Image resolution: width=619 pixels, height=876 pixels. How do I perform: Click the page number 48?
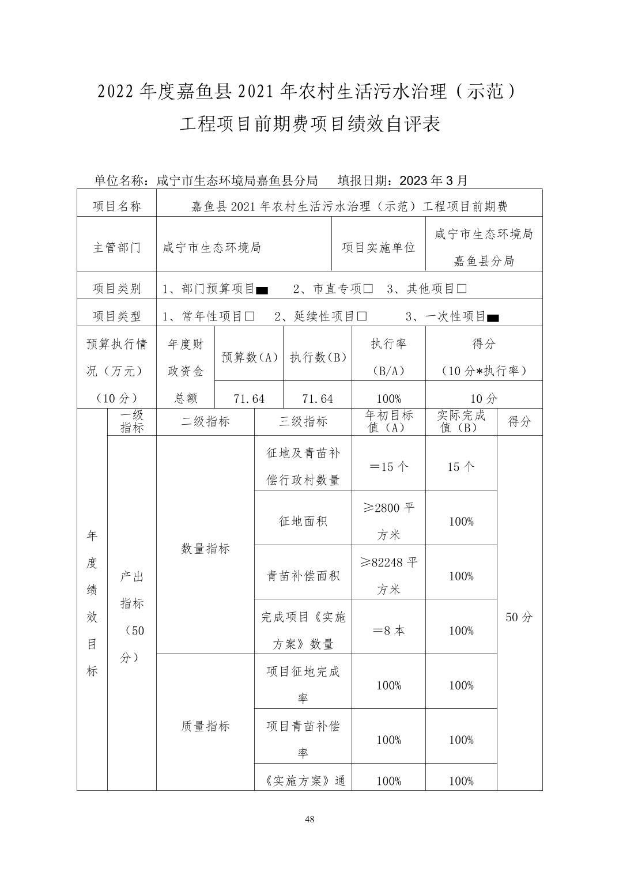tap(309, 820)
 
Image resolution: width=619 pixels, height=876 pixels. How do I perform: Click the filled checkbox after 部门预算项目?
tap(262, 290)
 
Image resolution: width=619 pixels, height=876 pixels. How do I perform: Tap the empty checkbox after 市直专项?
tap(368, 289)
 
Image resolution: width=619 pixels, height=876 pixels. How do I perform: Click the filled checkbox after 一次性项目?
tap(493, 318)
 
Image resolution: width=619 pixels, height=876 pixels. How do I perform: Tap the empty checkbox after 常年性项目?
tap(250, 316)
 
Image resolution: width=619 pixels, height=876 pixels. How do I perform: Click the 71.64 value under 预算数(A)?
tap(248, 399)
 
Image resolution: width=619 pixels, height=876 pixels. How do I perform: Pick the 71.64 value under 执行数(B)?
tap(317, 399)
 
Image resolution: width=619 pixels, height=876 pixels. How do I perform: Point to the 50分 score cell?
tap(519, 617)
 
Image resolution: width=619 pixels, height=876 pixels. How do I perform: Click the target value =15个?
tap(388, 467)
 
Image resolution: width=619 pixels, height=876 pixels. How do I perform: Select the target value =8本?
tap(388, 630)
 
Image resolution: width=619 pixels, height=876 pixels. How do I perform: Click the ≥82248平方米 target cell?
tap(388, 575)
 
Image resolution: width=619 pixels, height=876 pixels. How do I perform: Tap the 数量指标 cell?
tap(205, 549)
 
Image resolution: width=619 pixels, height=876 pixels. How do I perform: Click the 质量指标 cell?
tap(205, 726)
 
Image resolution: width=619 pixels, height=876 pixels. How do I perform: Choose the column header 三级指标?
tap(303, 422)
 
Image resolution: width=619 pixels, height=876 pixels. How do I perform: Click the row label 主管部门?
tap(116, 248)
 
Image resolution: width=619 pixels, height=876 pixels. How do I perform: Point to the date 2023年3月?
tap(433, 180)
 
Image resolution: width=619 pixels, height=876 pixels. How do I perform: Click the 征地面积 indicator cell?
tap(303, 521)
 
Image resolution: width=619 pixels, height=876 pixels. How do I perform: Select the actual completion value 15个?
tap(461, 467)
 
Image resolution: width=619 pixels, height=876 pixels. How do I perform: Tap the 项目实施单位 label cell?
tap(379, 248)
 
